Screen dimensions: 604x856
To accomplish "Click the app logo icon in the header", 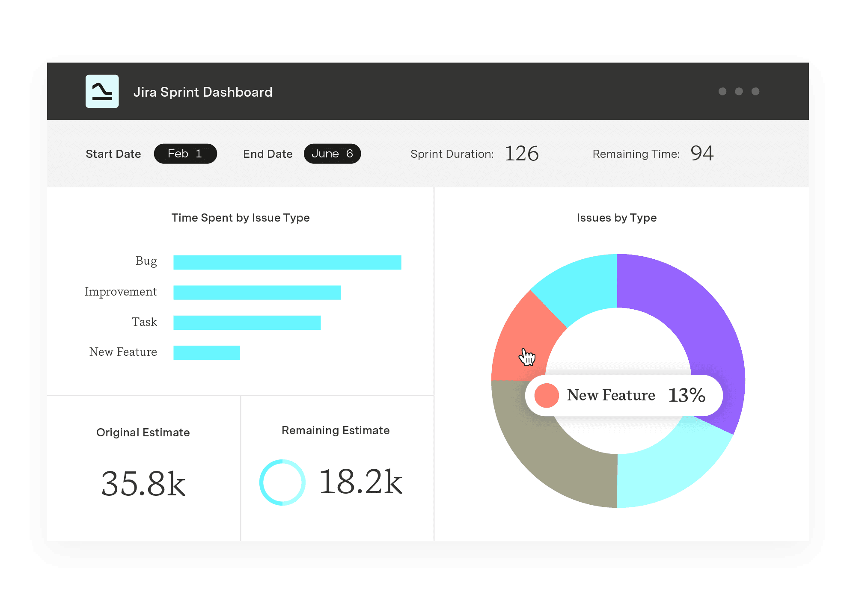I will click(102, 92).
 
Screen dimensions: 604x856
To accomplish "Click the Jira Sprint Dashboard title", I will click(203, 92).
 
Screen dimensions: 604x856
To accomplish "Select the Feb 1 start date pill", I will click(185, 154).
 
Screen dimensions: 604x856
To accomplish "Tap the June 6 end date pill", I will click(332, 154).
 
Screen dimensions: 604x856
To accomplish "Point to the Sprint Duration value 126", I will click(521, 154).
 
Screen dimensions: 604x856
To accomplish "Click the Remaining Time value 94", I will click(702, 153).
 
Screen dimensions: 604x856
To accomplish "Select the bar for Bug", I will click(287, 263).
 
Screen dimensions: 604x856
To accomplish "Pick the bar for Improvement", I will click(257, 293).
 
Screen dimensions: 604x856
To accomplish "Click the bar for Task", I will click(247, 323).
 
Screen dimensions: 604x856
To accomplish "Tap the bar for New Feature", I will click(207, 352).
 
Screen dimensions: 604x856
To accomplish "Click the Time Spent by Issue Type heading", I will click(241, 218).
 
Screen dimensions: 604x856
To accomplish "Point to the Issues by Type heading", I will click(616, 218).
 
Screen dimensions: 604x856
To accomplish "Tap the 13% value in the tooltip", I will click(687, 395).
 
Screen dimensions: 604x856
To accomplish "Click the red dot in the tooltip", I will click(547, 395).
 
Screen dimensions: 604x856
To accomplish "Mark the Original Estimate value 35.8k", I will click(143, 483).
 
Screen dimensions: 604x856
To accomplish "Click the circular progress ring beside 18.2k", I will click(282, 482).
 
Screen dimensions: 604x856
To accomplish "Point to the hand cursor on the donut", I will click(527, 357).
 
